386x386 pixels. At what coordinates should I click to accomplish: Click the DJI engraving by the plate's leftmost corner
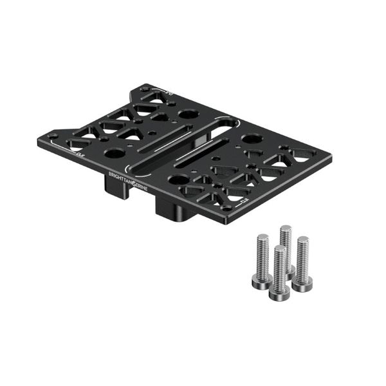[x=80, y=154]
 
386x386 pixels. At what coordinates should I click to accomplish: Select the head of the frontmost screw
[x=278, y=290]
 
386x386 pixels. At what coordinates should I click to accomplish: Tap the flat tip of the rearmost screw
[x=286, y=228]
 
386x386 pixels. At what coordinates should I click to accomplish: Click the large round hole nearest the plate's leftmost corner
[x=115, y=154]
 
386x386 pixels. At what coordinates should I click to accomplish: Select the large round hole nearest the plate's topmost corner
[x=188, y=115]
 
